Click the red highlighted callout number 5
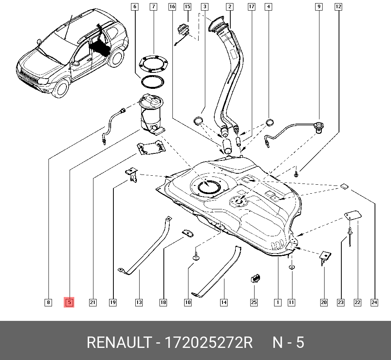[x=69, y=302]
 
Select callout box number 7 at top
[x=153, y=7]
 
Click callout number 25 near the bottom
[x=254, y=302]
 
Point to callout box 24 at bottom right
[x=375, y=302]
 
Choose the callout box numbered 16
[x=172, y=7]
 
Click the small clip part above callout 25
[x=255, y=278]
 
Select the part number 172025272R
[x=209, y=343]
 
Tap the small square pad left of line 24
[x=344, y=186]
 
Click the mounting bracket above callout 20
[x=324, y=257]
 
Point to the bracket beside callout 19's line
[x=131, y=174]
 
